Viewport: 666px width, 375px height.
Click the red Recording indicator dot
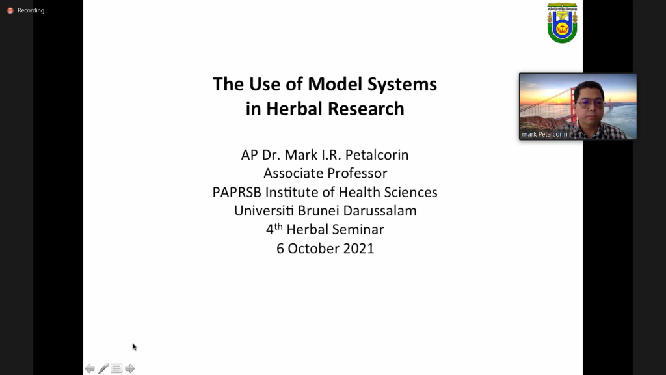10,10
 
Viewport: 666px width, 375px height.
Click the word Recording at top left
31,10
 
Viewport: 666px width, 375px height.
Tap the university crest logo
562,23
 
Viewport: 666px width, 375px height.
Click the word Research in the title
366,109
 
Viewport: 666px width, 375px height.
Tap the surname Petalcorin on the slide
377,155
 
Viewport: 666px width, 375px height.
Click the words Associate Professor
325,173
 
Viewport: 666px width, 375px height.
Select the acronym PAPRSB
237,192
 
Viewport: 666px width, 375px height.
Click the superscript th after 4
278,226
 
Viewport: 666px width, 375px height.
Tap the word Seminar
359,230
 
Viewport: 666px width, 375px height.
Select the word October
313,249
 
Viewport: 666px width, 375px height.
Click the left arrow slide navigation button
90,368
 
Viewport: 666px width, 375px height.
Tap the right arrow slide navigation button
130,368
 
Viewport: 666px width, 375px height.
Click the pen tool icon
103,368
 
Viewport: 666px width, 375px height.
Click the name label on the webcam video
544,134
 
